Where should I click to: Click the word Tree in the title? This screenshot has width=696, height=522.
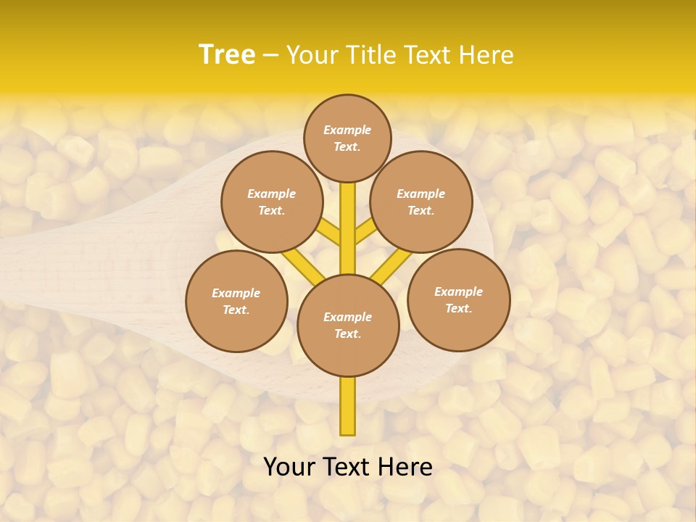(227, 54)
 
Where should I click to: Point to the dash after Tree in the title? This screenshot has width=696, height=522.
(270, 55)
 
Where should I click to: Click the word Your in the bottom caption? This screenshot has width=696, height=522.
(289, 467)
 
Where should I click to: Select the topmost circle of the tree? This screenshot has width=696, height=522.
(347, 138)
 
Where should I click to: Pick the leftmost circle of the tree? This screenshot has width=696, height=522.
(237, 302)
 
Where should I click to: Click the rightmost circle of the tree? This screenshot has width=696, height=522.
(459, 299)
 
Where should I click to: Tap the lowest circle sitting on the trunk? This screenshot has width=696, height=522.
(348, 326)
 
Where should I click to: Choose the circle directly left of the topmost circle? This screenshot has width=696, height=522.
(272, 202)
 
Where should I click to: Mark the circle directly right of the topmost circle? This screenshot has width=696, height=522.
(421, 202)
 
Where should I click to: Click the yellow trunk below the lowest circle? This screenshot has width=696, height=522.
(348, 406)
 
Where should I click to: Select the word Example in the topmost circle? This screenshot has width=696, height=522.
(347, 130)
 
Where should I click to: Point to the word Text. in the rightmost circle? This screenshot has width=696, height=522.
(459, 308)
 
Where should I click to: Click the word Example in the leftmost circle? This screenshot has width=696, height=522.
(236, 293)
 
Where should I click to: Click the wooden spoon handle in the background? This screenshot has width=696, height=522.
(87, 268)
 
